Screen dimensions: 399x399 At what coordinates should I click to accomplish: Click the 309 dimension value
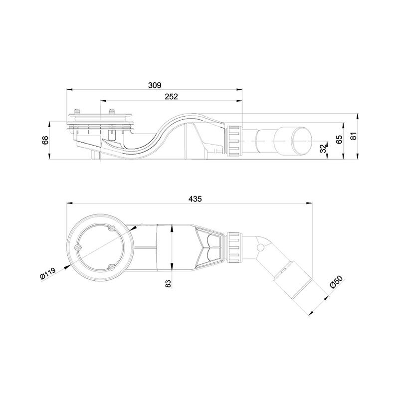[155, 85]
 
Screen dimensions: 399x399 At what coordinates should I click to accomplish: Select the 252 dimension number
[171, 97]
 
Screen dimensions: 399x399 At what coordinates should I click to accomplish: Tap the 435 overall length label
[195, 199]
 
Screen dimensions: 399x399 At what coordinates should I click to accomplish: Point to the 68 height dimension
[45, 140]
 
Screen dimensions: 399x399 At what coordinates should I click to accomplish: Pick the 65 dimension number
[339, 140]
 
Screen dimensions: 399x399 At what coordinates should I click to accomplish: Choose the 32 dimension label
[323, 148]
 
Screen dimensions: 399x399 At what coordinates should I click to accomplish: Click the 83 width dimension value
[168, 283]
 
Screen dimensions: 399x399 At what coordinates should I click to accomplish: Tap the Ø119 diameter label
[47, 273]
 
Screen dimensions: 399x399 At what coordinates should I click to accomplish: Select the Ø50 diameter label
[336, 282]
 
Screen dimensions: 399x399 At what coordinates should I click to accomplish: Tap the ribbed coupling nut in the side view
[233, 141]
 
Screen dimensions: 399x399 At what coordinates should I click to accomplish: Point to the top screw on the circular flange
[111, 228]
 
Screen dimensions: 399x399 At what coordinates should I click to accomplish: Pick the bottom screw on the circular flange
[111, 267]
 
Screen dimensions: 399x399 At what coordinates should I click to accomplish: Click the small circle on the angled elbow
[260, 247]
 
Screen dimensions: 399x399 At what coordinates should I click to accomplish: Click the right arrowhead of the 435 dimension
[309, 203]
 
